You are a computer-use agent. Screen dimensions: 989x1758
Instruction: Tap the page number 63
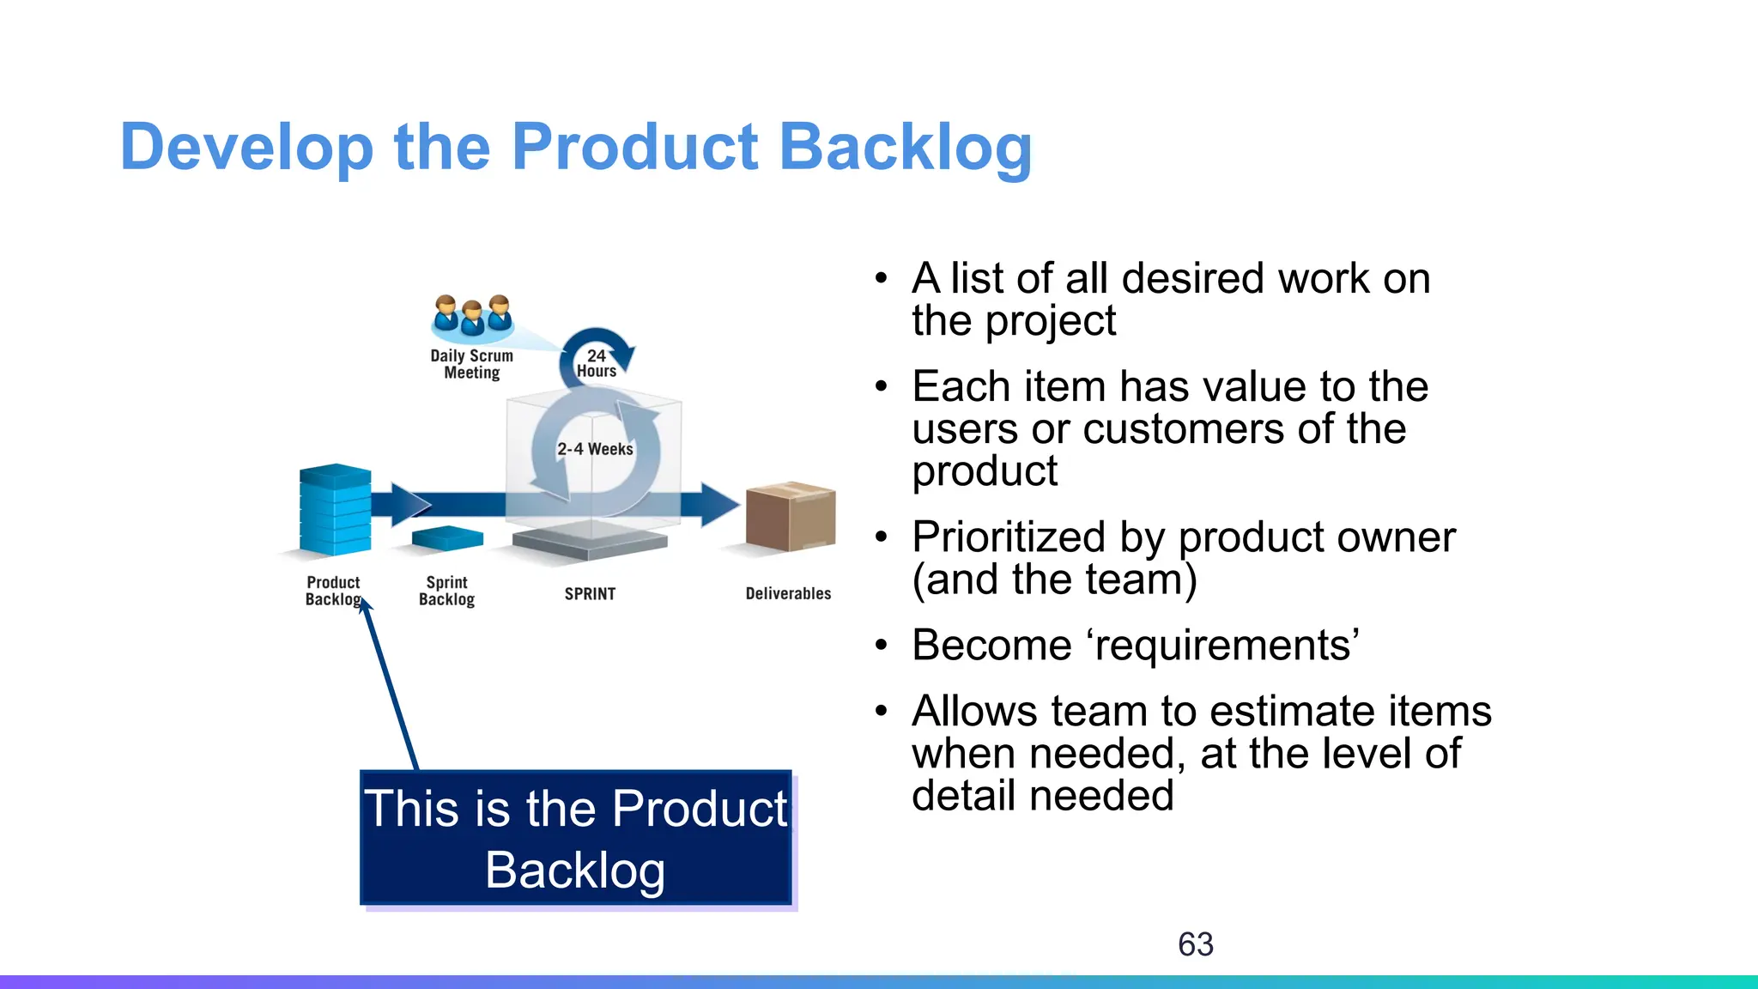pos(1195,944)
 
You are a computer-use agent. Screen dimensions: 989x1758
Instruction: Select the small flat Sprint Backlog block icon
pos(447,538)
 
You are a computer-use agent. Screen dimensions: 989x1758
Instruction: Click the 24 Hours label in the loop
pos(597,363)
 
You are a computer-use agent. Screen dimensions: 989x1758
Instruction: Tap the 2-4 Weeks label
pos(595,449)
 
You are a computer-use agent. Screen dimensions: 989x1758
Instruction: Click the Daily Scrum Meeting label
pos(471,364)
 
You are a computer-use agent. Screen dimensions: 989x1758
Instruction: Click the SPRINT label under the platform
pos(590,594)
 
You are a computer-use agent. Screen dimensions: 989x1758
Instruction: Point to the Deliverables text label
pos(788,594)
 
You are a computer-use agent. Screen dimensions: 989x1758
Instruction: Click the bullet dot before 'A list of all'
pos(881,279)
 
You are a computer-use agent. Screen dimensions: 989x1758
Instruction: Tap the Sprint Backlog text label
pos(446,591)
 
